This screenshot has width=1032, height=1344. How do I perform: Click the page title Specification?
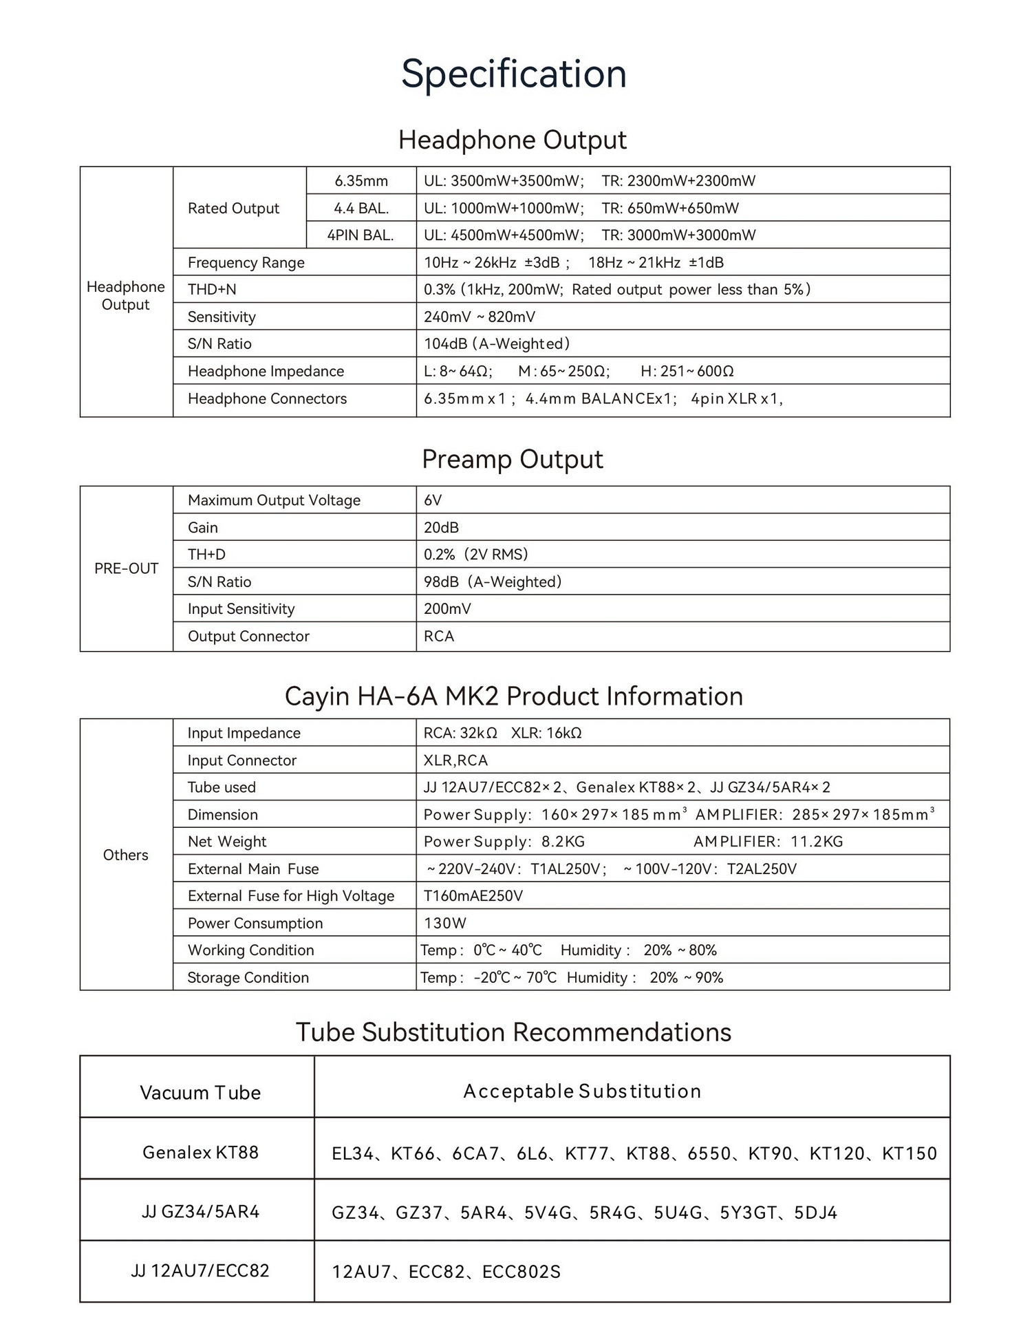click(x=514, y=74)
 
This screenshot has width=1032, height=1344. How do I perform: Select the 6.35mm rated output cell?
click(x=361, y=181)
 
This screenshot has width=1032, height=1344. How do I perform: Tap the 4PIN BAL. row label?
click(x=361, y=235)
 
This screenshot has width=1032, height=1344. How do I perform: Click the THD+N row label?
click(x=212, y=290)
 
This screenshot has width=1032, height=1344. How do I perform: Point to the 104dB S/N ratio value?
click(x=496, y=343)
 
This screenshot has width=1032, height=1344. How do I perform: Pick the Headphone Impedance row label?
click(x=266, y=372)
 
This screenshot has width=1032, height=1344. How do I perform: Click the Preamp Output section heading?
click(x=513, y=459)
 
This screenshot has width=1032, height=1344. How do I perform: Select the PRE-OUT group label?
click(x=127, y=568)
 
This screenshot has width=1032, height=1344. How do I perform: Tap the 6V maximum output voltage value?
click(x=433, y=500)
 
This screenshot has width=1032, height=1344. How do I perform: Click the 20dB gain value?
click(x=441, y=528)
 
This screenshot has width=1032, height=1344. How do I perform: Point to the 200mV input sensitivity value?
click(x=447, y=609)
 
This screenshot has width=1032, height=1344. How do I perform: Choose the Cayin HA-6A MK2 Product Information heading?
click(x=514, y=696)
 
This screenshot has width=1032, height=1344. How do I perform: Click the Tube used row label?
click(x=222, y=787)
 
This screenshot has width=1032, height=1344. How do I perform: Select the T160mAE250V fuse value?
click(x=473, y=896)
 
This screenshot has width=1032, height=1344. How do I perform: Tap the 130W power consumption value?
click(x=445, y=924)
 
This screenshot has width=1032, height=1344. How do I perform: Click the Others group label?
click(x=126, y=855)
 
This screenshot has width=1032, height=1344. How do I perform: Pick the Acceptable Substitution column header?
click(x=582, y=1091)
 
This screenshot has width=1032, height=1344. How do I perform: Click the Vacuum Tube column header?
click(x=200, y=1093)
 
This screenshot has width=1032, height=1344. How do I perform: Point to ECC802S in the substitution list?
click(x=522, y=1272)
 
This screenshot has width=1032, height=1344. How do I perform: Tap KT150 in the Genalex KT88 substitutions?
click(x=910, y=1153)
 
